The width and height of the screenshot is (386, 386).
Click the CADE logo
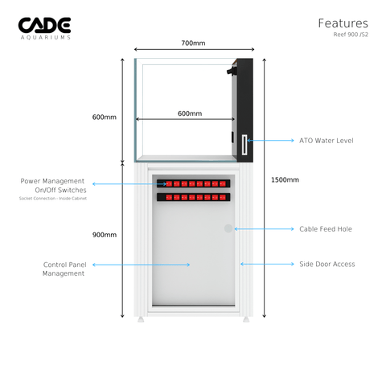44,28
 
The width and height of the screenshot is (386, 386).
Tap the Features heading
343,23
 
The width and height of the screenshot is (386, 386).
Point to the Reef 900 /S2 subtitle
351,35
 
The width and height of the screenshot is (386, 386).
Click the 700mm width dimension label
193,43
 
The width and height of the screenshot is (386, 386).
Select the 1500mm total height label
285,180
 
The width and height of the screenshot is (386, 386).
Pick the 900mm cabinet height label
105,235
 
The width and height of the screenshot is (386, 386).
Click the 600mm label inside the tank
190,113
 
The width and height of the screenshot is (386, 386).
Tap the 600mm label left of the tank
105,117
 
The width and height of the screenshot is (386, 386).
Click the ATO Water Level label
326,141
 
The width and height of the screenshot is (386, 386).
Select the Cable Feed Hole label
326,229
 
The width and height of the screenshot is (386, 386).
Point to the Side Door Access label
327,265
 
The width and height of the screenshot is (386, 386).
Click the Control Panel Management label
64,269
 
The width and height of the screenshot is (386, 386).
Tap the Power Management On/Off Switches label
53,186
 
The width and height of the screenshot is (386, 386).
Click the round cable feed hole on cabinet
228,228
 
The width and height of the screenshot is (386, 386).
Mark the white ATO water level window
244,145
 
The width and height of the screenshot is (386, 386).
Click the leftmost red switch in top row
169,183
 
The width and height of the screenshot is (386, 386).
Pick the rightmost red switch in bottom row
223,198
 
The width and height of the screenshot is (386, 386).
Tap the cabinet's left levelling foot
141,319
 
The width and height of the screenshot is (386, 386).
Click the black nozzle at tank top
231,71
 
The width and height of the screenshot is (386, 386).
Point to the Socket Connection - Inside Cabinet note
53,199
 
